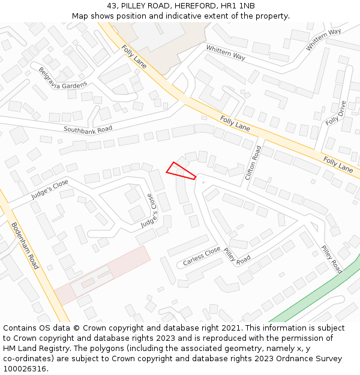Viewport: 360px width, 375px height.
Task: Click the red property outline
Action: click(180, 171)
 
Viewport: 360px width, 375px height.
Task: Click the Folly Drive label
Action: click(336, 113)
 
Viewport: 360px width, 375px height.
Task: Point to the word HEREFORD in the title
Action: click(186, 6)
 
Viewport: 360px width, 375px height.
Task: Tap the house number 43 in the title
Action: click(112, 6)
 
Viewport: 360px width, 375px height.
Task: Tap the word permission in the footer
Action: click(289, 338)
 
